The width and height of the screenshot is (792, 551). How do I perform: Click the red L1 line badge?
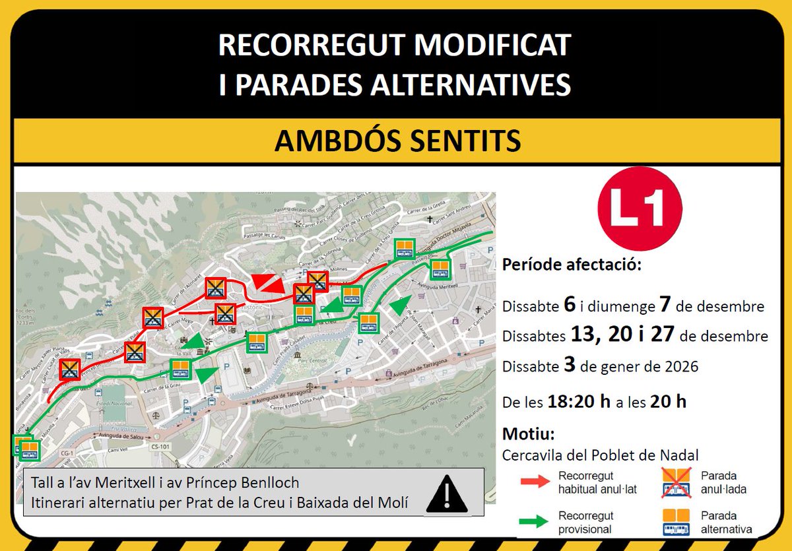639,209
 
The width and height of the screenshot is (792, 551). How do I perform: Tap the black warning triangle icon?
447,494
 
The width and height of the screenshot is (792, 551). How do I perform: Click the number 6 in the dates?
570,305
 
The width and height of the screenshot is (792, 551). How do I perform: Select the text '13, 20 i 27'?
622,335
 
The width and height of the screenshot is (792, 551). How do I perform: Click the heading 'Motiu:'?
528,434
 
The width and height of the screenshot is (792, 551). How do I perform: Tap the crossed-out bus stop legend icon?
676,482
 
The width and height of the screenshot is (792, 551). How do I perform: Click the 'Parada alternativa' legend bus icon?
676,522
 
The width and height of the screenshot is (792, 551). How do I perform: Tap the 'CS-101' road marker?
160,447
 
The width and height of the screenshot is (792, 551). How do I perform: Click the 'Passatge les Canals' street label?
246,234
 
